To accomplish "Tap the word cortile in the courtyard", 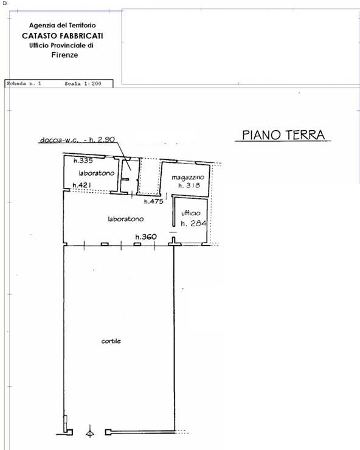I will coord(111,341).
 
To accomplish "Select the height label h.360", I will coord(146,237).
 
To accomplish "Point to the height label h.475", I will coord(154,201).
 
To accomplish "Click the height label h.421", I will coord(81,185).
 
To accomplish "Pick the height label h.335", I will coord(82,161).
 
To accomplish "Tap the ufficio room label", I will coord(191,213).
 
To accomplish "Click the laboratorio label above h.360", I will coord(125,219).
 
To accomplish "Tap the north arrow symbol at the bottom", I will coord(90,433).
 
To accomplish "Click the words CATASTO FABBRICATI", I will coord(62,36).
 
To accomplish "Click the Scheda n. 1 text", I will coord(24,83).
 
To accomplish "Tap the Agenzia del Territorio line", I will coord(62,26).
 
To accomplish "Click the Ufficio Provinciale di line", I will coord(65,46).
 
